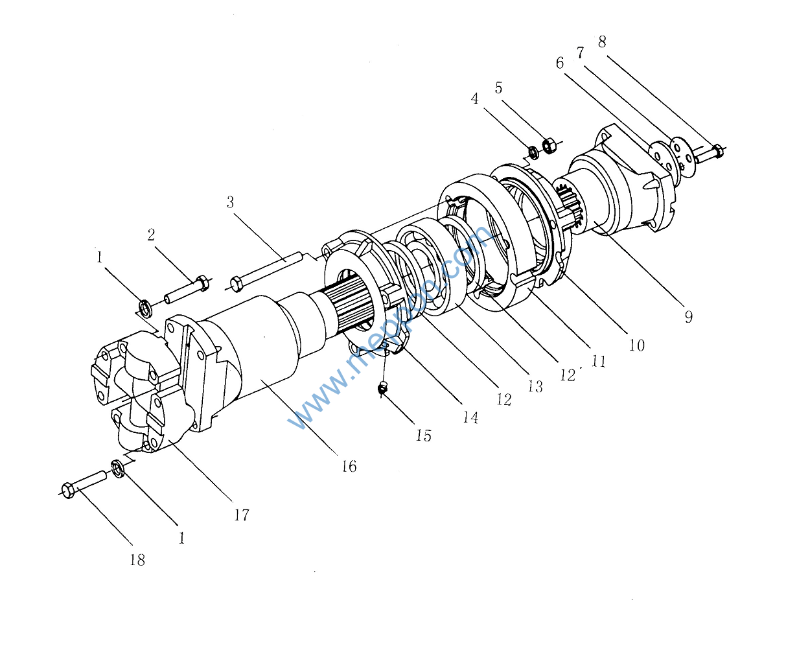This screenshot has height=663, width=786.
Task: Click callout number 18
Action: (137, 560)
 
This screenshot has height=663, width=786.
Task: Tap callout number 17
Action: (241, 515)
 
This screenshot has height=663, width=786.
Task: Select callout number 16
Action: (349, 466)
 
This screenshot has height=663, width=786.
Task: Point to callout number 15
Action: (423, 436)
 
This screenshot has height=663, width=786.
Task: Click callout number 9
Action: (688, 316)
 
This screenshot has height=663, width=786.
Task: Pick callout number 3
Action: (230, 202)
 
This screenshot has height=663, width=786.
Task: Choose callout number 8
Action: (602, 41)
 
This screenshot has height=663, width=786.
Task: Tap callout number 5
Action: (498, 87)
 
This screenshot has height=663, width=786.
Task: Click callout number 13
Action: (535, 386)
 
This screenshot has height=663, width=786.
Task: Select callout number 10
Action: (637, 345)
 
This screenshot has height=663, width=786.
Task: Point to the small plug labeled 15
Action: (383, 388)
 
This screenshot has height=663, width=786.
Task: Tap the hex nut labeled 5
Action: (548, 145)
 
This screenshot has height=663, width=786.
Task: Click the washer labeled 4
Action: (533, 152)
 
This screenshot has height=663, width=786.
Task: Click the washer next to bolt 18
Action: (117, 467)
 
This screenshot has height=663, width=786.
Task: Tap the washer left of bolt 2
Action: (145, 306)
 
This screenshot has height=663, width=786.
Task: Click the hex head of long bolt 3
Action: (236, 283)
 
